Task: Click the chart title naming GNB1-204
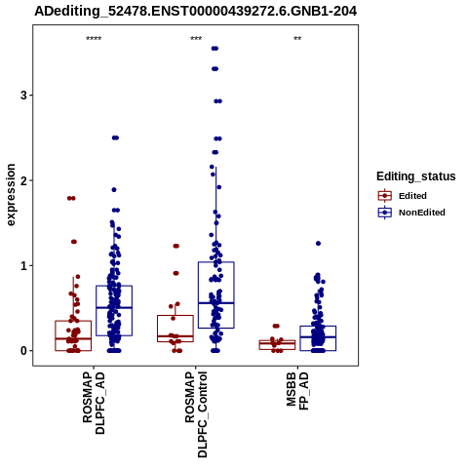point(196,12)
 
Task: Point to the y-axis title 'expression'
point(11,195)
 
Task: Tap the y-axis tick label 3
point(23,96)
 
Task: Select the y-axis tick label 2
point(23,180)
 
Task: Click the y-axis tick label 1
point(23,265)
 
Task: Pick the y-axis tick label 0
point(23,351)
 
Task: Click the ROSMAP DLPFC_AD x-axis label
point(94,403)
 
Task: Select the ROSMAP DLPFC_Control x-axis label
point(196,414)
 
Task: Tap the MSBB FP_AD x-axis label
point(297,391)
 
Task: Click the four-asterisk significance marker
point(94,39)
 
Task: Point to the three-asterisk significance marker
point(196,39)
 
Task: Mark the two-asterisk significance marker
point(297,39)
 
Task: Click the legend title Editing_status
point(416,176)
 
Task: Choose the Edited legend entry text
point(412,196)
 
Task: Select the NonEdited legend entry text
point(422,213)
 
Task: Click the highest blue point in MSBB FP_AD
point(318,244)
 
